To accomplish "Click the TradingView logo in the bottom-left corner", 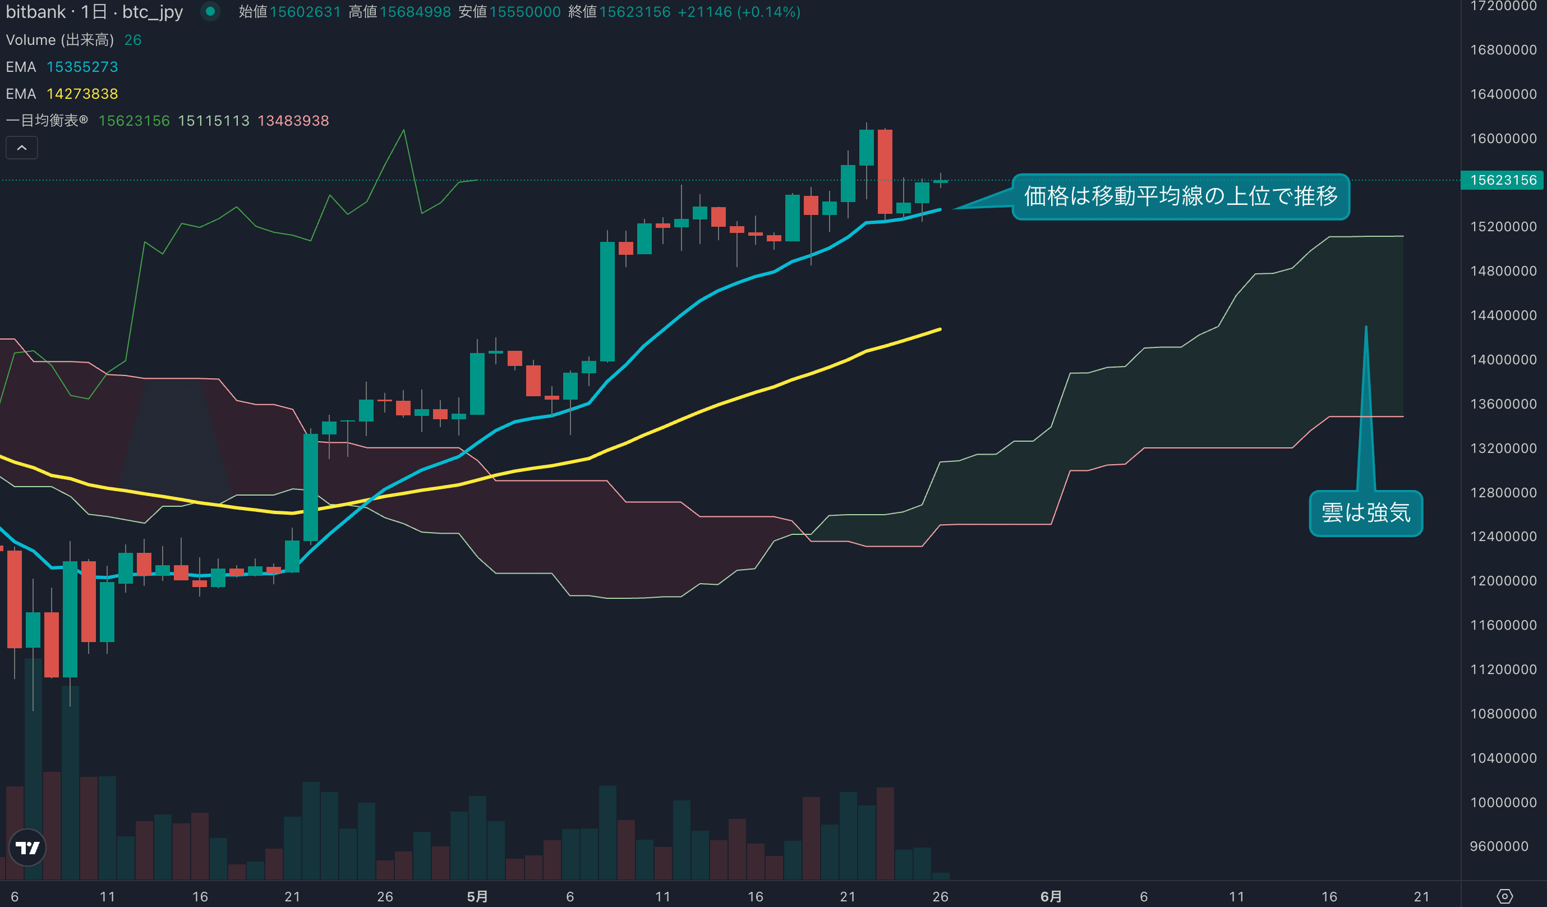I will point(27,848).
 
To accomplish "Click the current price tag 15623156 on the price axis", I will point(1503,180).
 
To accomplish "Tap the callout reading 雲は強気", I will point(1365,513).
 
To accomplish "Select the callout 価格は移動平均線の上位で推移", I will point(1180,196).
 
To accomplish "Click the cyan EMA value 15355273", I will point(82,67).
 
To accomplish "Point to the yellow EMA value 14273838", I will point(82,94).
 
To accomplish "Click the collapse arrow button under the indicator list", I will point(21,148).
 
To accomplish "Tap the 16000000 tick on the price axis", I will point(1503,138).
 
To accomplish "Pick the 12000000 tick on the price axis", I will point(1503,581).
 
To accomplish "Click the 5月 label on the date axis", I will point(477,896).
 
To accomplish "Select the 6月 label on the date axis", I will point(1051,896).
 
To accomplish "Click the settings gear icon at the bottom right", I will point(1504,896).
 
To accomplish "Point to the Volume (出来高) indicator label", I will point(59,40).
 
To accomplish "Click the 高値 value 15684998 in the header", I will point(415,12).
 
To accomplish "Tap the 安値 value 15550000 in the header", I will point(525,12).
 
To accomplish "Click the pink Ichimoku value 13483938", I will point(293,121).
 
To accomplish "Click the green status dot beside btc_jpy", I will point(210,12).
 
